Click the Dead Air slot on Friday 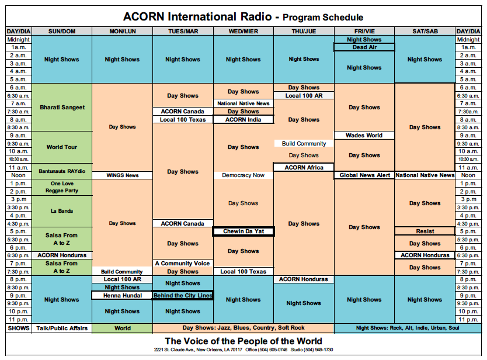pos(364,47)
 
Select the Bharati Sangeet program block pos(62,108)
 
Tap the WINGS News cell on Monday pos(123,175)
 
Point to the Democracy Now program pos(243,175)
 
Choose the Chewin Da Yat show pos(243,231)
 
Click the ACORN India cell pos(243,120)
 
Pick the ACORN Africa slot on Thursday pos(304,168)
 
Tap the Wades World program pos(364,136)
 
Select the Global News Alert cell pos(364,175)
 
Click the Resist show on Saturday pos(425,231)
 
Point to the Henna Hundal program pos(123,296)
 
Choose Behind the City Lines pos(183,296)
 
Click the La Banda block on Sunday pos(62,212)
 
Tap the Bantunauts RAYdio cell pos(62,172)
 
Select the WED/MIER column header pos(243,31)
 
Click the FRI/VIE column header pos(364,31)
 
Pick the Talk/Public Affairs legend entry pos(62,328)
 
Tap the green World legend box pos(123,328)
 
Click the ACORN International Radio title pos(197,17)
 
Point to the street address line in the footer pos(243,349)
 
